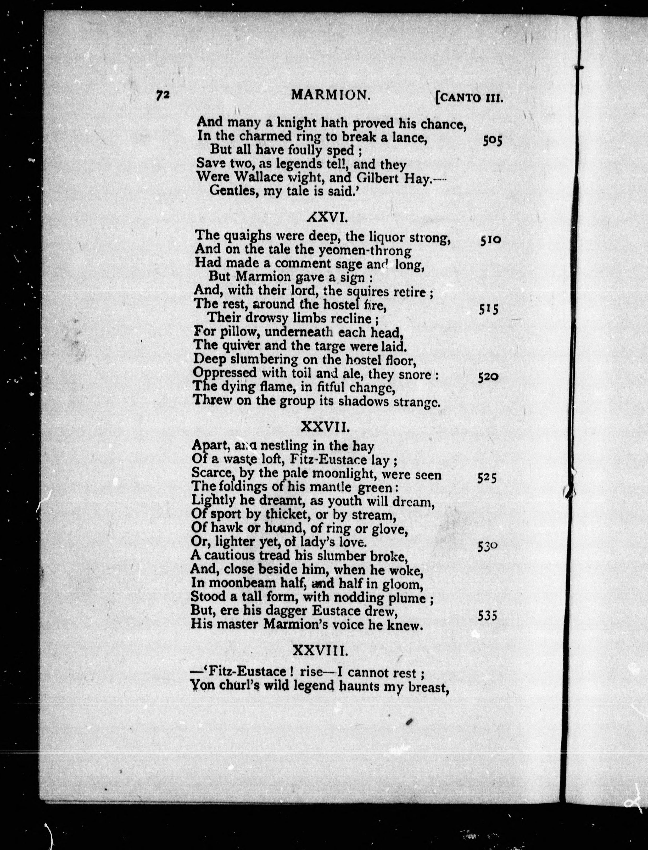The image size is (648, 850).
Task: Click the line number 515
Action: (x=489, y=309)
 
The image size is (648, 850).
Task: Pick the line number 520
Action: (x=488, y=376)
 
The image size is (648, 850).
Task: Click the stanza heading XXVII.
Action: (x=325, y=427)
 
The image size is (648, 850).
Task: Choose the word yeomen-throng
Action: (x=365, y=251)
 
